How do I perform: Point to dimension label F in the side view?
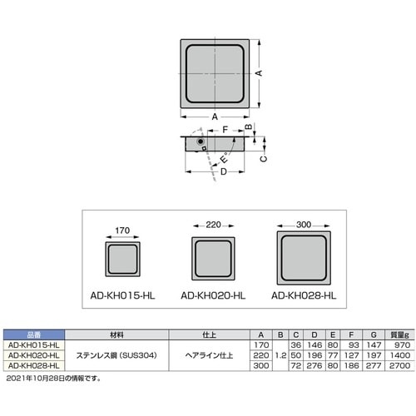pyautogui.click(x=225, y=129)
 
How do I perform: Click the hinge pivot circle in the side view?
pyautogui.click(x=198, y=143)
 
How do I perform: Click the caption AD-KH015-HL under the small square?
pyautogui.click(x=121, y=295)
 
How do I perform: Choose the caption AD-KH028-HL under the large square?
pyautogui.click(x=304, y=295)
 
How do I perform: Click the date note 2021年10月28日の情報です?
pyautogui.click(x=53, y=378)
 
